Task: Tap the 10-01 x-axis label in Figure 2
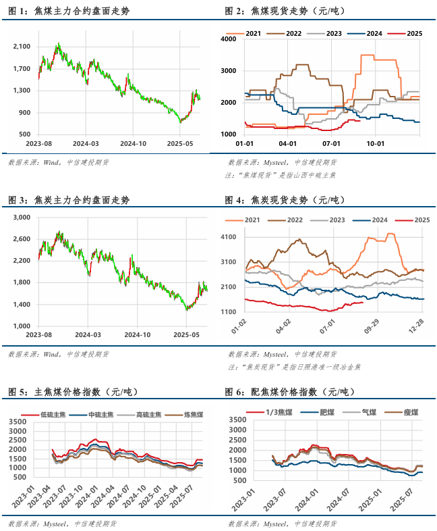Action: pyautogui.click(x=375, y=143)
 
